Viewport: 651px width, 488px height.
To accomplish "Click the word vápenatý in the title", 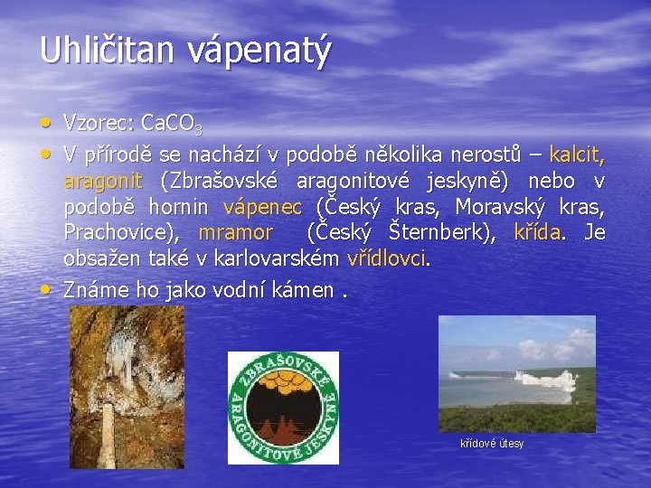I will (259, 52).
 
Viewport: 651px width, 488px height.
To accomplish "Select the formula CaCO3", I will (176, 122).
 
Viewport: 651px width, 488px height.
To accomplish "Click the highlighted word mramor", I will (235, 232).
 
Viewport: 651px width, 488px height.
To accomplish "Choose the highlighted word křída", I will (537, 232).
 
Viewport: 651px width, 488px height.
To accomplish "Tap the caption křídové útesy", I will (492, 444).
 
